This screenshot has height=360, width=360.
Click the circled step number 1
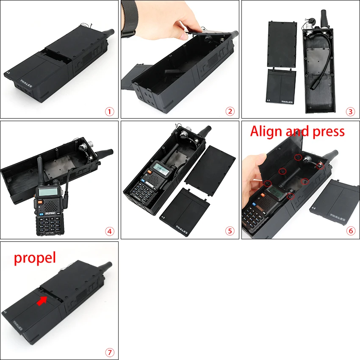(x=110, y=111)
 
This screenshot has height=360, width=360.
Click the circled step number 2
(x=230, y=111)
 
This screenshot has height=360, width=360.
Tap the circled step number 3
(x=350, y=111)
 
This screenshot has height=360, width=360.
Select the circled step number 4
(x=110, y=231)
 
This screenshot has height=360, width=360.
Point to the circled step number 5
(x=230, y=231)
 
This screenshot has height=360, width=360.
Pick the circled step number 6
(x=350, y=231)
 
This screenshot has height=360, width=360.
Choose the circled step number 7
(x=110, y=352)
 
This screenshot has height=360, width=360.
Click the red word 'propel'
(x=35, y=258)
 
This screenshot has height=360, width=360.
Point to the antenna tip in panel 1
(x=111, y=32)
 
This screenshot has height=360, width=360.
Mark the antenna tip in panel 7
(x=108, y=265)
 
